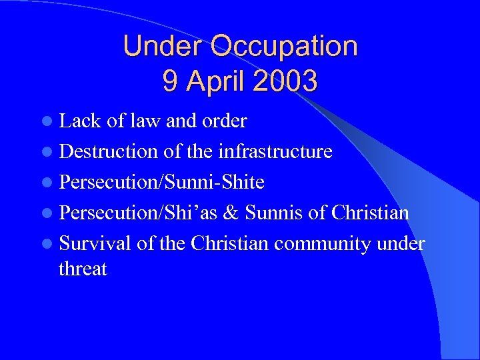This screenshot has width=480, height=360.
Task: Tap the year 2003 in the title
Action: point(284,81)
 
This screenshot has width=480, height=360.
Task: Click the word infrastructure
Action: point(275,151)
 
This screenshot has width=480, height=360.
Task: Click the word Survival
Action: point(95,243)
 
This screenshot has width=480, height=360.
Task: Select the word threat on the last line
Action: point(83,269)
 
